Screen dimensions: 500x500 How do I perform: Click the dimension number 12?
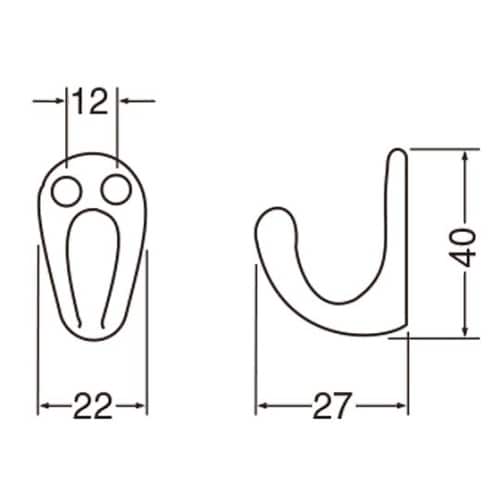click(x=92, y=101)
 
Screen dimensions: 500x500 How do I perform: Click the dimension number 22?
click(x=92, y=406)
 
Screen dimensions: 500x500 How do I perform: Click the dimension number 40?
click(x=462, y=244)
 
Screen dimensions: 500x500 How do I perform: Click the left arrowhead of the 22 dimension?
click(x=43, y=406)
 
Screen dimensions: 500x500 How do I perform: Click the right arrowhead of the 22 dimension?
click(x=142, y=406)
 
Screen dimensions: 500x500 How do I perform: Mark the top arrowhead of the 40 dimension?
click(x=465, y=155)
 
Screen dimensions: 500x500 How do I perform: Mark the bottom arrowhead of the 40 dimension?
click(x=465, y=333)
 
